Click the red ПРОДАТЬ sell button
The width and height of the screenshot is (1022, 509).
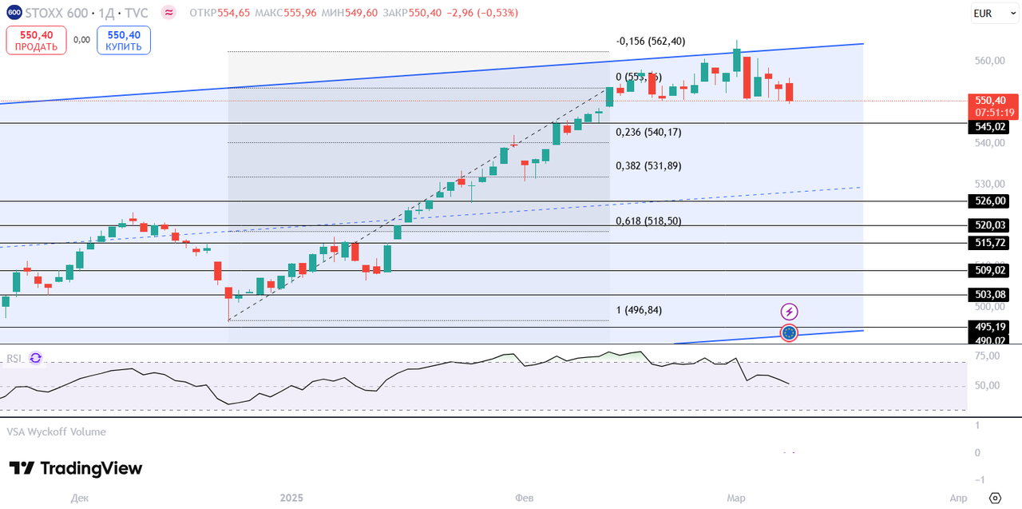coord(36,40)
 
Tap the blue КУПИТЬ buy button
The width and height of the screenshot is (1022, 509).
coord(124,40)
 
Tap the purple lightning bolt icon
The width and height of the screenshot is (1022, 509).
coord(789,312)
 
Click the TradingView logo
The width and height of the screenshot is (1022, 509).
coord(76,468)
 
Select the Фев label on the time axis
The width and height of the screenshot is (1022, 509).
coord(524,498)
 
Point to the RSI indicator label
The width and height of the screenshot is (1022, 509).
coord(14,358)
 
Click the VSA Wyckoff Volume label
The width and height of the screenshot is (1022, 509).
coord(56,431)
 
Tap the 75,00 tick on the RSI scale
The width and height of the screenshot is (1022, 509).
coord(987,356)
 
